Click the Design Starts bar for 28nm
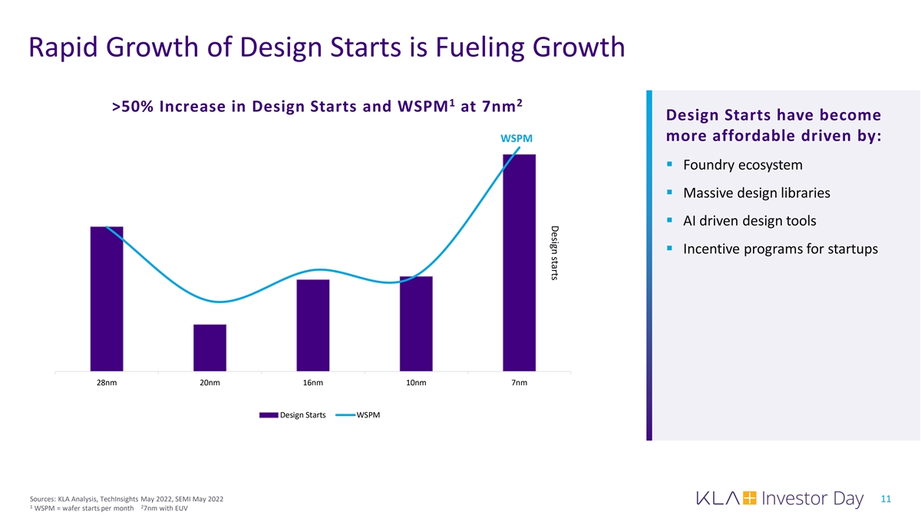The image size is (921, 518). click(107, 299)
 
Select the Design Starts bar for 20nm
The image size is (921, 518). click(210, 348)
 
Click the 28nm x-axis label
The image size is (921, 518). click(107, 383)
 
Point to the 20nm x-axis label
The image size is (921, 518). click(210, 383)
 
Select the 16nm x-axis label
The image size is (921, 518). click(312, 383)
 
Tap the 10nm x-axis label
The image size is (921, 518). click(416, 383)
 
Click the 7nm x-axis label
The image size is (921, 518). click(519, 383)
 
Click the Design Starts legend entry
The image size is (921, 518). click(292, 415)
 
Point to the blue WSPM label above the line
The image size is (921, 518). click(516, 138)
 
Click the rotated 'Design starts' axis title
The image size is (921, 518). click(554, 252)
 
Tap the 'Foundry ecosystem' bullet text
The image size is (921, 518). click(742, 165)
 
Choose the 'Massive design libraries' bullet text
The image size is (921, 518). click(756, 193)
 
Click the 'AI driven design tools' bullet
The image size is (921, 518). click(749, 221)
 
